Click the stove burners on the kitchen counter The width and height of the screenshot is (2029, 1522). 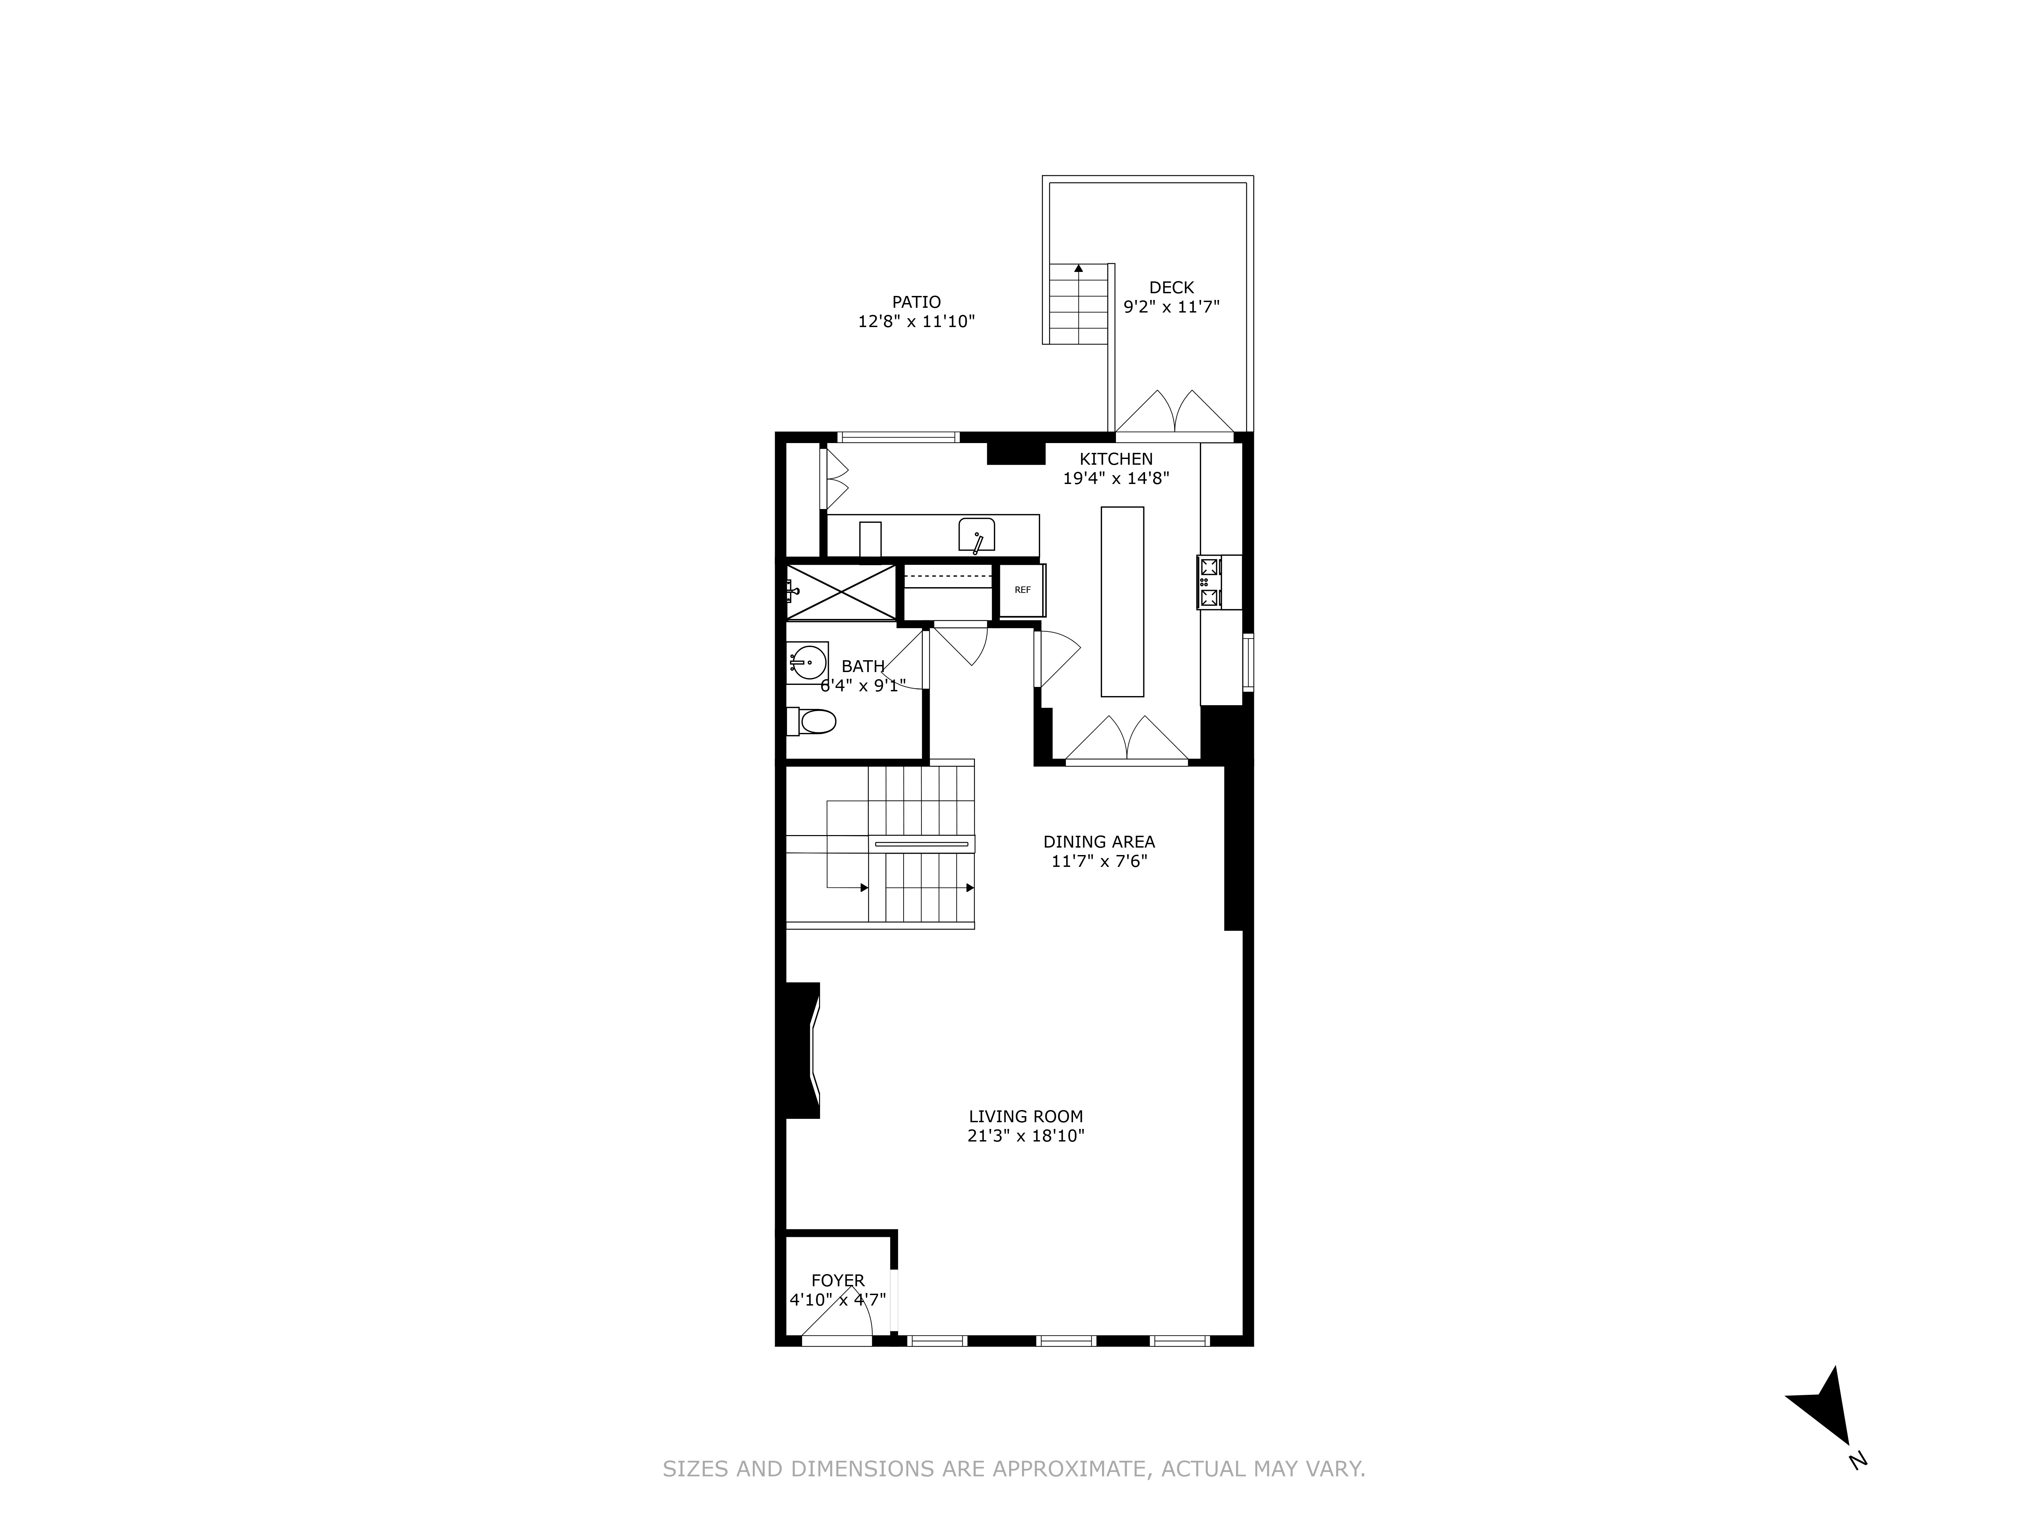[x=1208, y=582]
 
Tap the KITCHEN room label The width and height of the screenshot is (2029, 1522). [x=1115, y=459]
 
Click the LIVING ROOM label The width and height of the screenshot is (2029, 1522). [x=1026, y=1116]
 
